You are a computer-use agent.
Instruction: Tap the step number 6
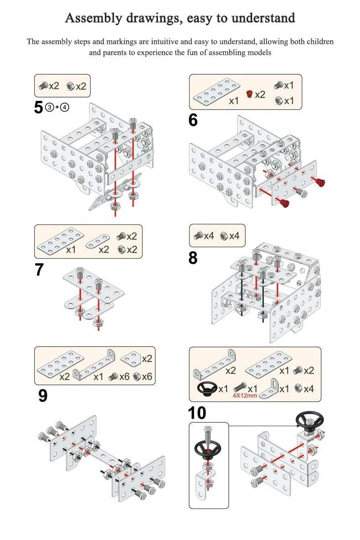tap(193, 120)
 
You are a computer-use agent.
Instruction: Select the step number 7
tap(39, 270)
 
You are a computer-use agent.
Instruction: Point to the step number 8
tap(193, 258)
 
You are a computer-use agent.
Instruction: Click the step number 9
tap(42, 395)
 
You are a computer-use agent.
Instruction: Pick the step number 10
tap(196, 413)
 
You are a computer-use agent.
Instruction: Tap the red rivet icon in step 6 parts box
tap(249, 94)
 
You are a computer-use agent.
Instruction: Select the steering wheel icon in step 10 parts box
tap(207, 388)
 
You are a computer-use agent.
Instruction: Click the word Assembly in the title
tap(94, 18)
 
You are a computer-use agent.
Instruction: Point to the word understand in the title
tap(263, 18)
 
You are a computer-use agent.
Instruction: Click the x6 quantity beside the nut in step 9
tap(146, 377)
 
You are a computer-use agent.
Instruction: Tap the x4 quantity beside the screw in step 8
tap(209, 236)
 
